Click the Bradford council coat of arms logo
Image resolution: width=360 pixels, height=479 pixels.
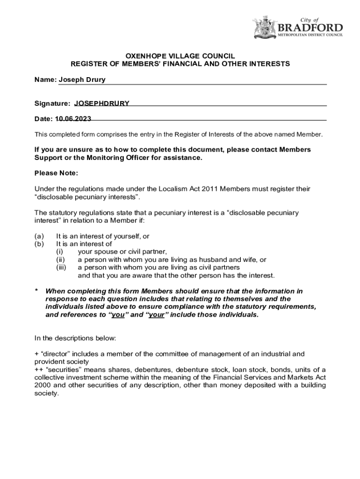(x=265, y=27)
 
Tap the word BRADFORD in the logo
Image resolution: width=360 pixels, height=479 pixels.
(x=311, y=27)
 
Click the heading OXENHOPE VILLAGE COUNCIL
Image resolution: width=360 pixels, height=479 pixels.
(x=180, y=55)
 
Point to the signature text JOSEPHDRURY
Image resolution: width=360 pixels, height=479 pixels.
(x=102, y=103)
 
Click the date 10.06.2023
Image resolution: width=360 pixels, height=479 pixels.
(x=73, y=119)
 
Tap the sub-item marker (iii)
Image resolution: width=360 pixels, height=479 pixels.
(x=61, y=268)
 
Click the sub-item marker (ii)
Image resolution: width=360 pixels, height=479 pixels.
(x=60, y=260)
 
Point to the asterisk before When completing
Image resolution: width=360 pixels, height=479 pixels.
(x=36, y=291)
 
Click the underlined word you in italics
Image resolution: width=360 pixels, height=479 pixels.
(x=117, y=315)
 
